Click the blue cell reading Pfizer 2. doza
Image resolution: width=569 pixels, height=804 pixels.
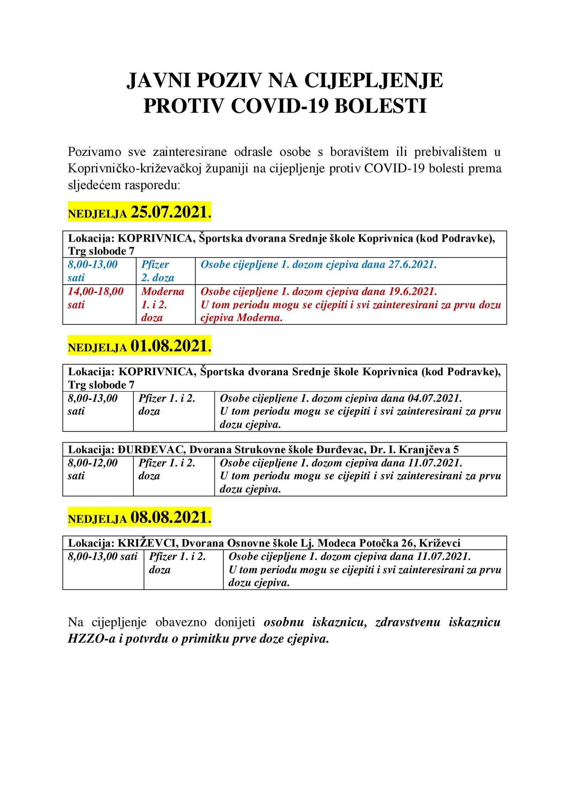(x=158, y=271)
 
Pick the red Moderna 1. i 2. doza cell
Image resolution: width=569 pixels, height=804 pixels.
(x=163, y=304)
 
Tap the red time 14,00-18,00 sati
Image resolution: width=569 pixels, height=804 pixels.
(x=95, y=298)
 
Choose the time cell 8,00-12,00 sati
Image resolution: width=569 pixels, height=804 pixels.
(x=92, y=469)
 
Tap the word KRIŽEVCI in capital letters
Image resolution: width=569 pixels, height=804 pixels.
(x=148, y=543)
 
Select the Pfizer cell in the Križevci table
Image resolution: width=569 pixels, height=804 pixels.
(x=177, y=563)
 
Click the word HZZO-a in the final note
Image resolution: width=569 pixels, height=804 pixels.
(x=92, y=639)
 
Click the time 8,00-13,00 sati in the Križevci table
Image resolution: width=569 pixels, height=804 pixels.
(x=102, y=556)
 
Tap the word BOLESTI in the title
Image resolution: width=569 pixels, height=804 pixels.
(x=381, y=106)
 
